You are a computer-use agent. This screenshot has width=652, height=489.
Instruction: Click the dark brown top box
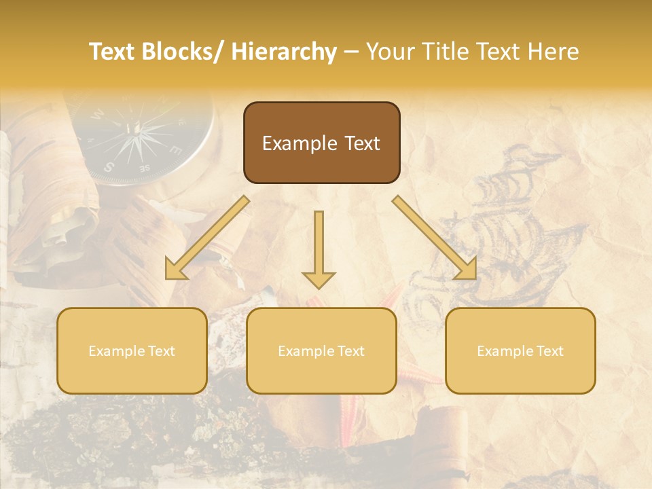(321, 143)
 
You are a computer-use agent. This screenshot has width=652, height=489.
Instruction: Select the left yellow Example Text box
(132, 350)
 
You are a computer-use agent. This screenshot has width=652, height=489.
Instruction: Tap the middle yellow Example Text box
(321, 350)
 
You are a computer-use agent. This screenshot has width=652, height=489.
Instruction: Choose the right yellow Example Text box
(520, 350)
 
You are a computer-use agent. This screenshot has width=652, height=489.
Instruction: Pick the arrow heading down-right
(435, 238)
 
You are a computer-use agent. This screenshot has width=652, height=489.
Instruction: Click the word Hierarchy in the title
(284, 52)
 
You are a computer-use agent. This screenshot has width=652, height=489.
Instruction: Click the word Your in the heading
(390, 52)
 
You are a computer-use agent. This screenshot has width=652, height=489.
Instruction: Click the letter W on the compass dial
(96, 115)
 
